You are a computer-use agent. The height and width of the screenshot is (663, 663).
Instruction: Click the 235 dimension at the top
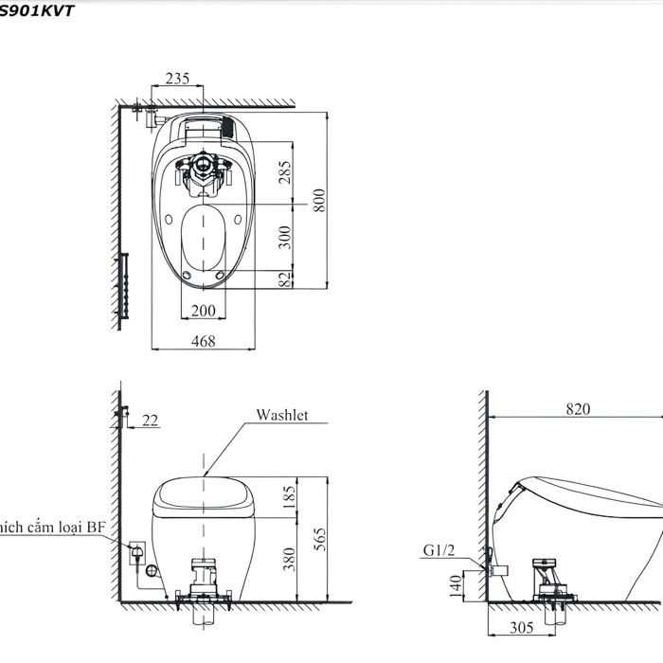pyautogui.click(x=176, y=79)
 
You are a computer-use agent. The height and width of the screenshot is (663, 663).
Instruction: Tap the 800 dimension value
pyautogui.click(x=320, y=199)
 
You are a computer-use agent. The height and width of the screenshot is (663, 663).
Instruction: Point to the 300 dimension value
pyautogui.click(x=284, y=236)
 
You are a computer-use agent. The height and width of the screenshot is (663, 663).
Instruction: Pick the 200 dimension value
pyautogui.click(x=203, y=311)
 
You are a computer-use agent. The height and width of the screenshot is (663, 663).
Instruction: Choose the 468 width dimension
pyautogui.click(x=203, y=340)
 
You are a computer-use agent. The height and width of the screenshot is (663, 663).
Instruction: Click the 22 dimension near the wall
pyautogui.click(x=149, y=420)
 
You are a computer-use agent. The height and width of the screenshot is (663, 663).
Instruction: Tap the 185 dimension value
pyautogui.click(x=289, y=495)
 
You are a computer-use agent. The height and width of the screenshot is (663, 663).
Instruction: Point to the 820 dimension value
pyautogui.click(x=579, y=409)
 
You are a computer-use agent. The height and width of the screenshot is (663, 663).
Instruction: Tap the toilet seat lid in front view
pyautogui.click(x=204, y=497)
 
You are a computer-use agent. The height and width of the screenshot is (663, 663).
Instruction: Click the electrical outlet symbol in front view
pyautogui.click(x=135, y=549)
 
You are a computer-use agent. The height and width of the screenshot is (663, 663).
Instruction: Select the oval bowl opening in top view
pyautogui.click(x=204, y=237)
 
